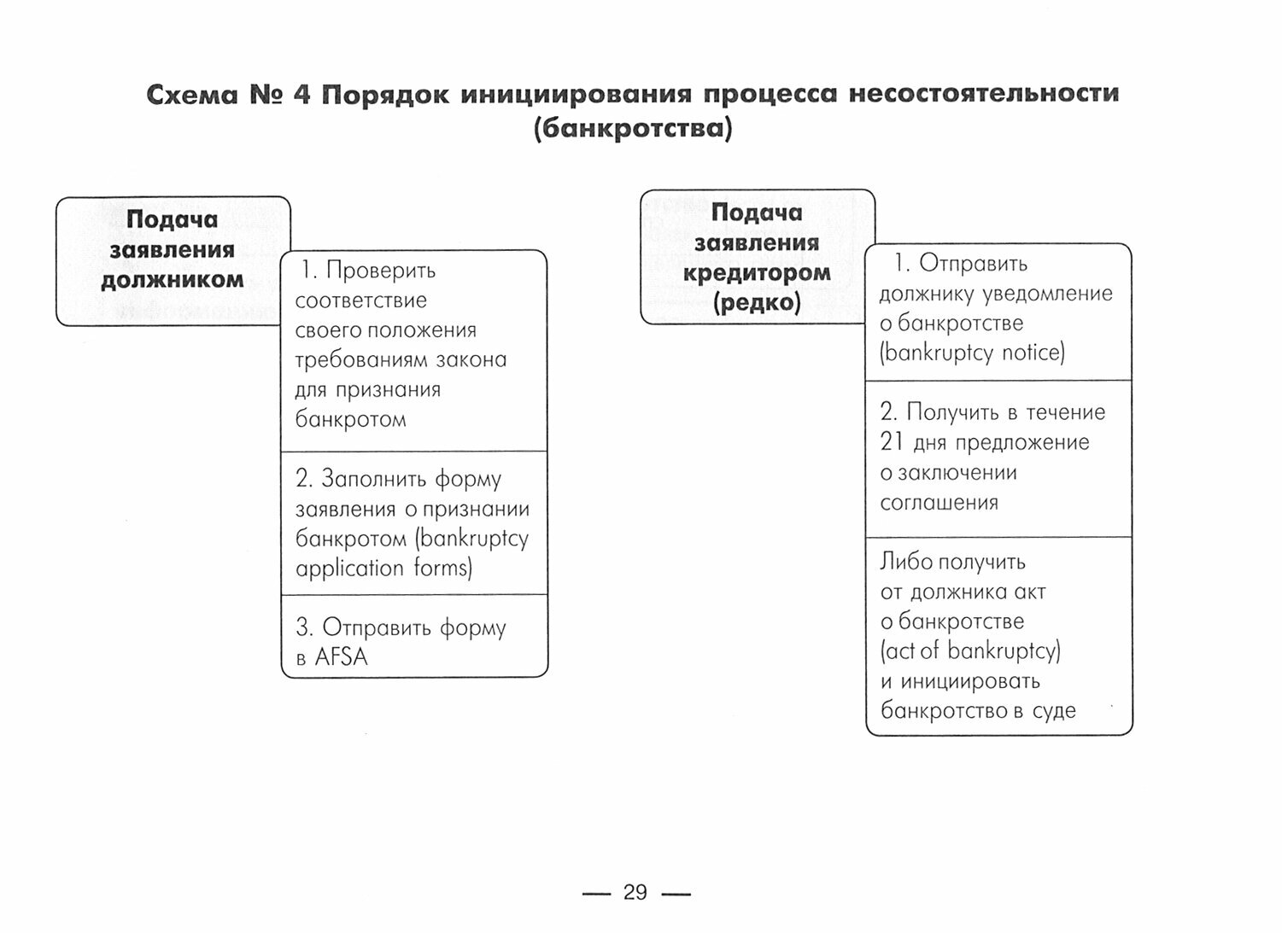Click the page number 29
pos(635,893)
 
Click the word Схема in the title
pos(191,94)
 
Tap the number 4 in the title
pos(301,94)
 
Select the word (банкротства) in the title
pos(632,130)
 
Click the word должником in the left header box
pos(173,280)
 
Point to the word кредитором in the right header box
pos(757,273)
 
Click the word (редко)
pos(757,303)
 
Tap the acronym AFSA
pos(341,657)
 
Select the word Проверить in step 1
pos(381,271)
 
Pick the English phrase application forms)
pos(383,569)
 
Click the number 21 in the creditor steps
pos(892,442)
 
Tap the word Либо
pos(906,562)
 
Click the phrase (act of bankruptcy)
pos(970,651)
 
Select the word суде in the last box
pos(1054,711)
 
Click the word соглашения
pos(939,502)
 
